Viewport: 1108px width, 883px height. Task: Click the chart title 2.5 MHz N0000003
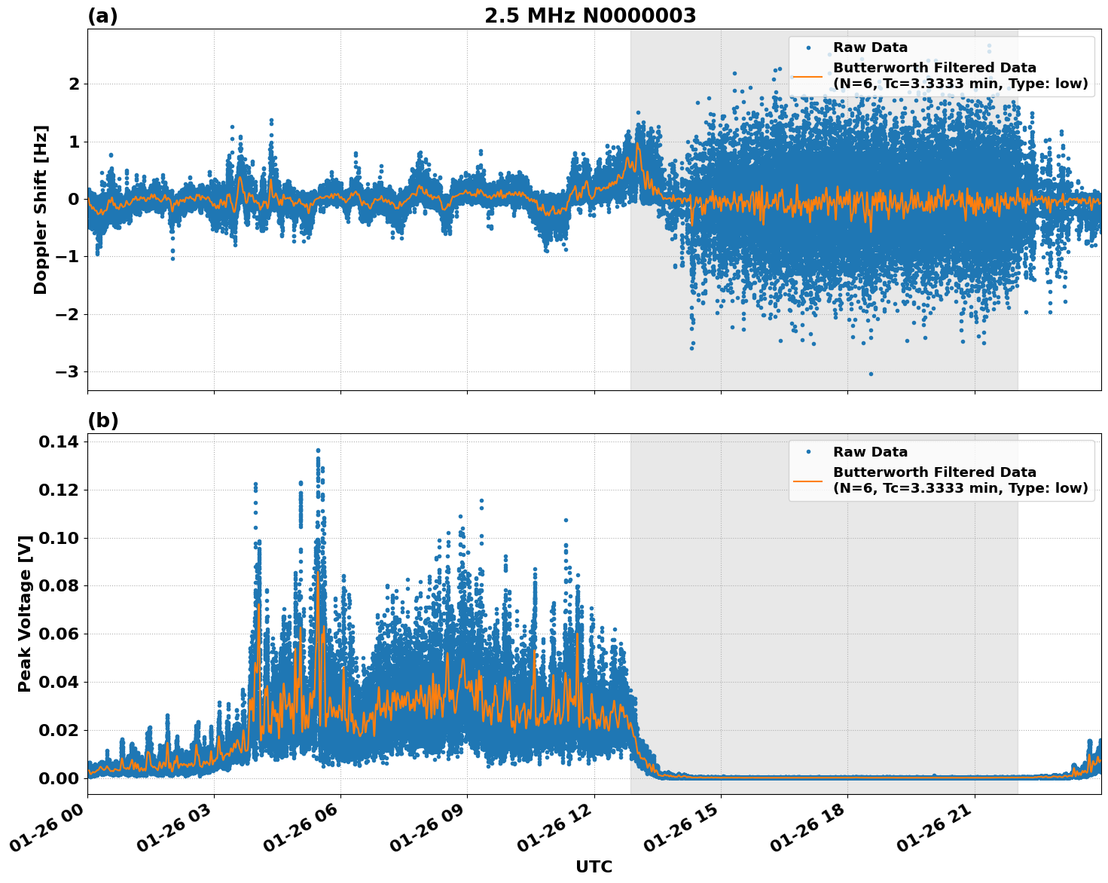[x=590, y=16]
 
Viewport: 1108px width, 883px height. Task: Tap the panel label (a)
[x=102, y=16]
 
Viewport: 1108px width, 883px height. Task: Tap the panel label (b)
[x=102, y=420]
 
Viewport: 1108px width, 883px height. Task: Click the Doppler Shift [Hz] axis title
[x=41, y=209]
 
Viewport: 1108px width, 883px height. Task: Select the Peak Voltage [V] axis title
[x=25, y=613]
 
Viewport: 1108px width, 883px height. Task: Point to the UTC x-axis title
[x=594, y=866]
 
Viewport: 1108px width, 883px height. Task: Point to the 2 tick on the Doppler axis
[x=74, y=84]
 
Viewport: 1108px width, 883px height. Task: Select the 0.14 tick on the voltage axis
[x=58, y=442]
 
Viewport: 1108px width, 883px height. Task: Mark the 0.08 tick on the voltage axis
[x=58, y=585]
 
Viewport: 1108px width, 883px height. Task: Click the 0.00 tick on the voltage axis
[x=58, y=778]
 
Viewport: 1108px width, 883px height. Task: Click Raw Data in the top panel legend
[x=870, y=47]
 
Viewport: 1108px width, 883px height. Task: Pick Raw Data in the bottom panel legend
[x=870, y=452]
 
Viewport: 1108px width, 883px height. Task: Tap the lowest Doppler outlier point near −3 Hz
[x=871, y=374]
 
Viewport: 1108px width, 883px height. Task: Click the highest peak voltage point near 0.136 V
[x=318, y=451]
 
